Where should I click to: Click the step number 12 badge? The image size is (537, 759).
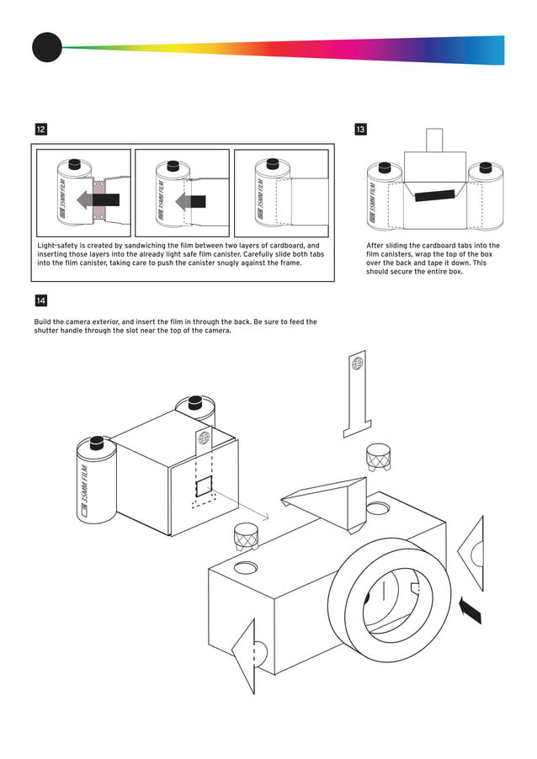point(40,130)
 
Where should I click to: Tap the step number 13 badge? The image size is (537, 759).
point(360,130)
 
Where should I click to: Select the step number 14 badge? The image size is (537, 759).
point(40,300)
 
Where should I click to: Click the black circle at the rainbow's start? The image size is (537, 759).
point(47,47)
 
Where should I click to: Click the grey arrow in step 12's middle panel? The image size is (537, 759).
point(191,201)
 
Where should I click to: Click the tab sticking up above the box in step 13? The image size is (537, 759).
point(434,140)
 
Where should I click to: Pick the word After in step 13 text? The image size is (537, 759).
point(377,246)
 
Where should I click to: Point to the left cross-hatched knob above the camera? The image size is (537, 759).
point(245,535)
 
